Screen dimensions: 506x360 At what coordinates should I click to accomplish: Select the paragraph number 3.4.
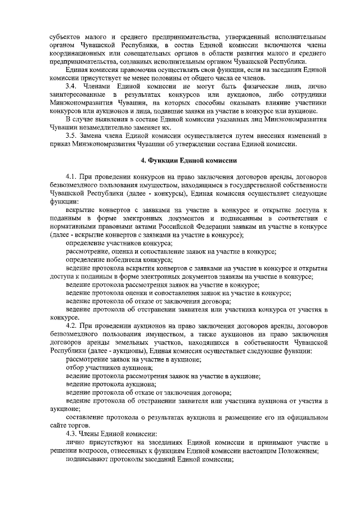73,85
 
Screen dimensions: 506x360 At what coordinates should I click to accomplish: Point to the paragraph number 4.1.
73,177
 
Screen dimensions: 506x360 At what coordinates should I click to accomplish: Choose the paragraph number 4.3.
73,434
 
